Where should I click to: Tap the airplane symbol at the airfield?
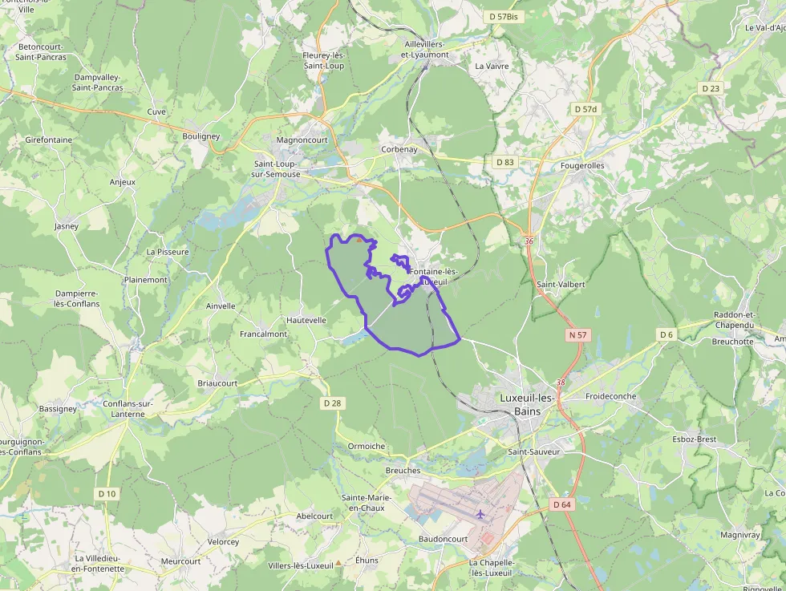[480, 513]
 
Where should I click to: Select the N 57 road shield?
[577, 334]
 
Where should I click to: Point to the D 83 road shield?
[504, 162]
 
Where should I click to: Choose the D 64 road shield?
[561, 504]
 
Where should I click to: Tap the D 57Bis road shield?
[503, 16]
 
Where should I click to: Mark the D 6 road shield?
[666, 334]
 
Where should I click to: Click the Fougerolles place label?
[583, 166]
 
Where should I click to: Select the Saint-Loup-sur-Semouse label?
[273, 169]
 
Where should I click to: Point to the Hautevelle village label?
[306, 319]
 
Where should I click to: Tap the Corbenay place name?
[399, 149]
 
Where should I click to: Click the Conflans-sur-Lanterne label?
[124, 409]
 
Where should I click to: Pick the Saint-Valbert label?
[561, 284]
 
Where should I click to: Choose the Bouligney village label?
[201, 136]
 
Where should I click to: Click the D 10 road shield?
[107, 493]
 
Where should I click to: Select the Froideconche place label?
[610, 396]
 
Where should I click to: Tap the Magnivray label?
[739, 534]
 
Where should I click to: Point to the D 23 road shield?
[710, 88]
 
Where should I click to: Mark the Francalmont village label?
[263, 334]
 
